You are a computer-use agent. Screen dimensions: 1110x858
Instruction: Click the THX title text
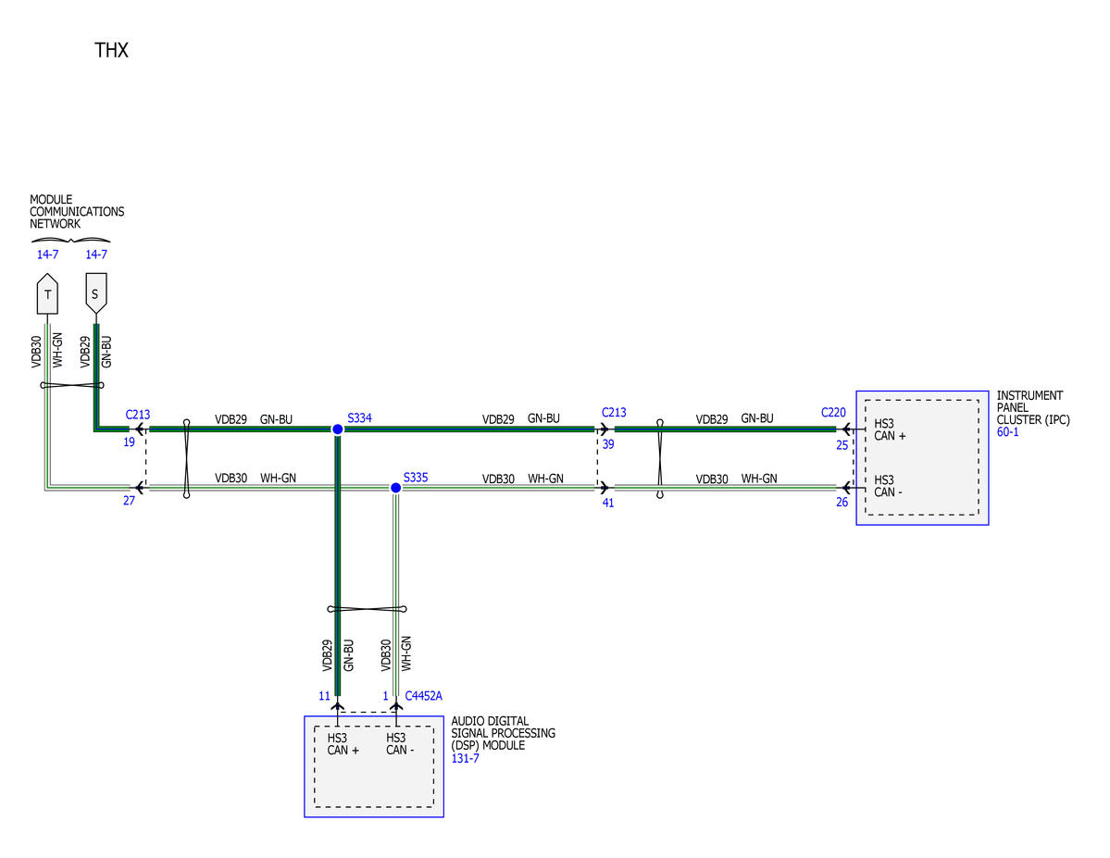(111, 50)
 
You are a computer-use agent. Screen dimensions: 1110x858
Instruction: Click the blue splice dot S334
(338, 429)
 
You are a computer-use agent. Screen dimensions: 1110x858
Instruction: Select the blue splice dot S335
(395, 488)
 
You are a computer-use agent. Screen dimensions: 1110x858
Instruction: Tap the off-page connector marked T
(47, 293)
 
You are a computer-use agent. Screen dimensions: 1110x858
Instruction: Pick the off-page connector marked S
(96, 293)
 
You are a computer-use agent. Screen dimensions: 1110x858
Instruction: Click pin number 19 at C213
(129, 441)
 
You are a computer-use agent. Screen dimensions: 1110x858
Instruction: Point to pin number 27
(129, 501)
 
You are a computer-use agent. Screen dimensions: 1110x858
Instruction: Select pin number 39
(608, 444)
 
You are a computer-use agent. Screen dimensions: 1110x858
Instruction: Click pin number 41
(608, 504)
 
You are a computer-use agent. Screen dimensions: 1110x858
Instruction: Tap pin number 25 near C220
(842, 445)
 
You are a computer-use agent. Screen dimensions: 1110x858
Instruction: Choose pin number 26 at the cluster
(842, 502)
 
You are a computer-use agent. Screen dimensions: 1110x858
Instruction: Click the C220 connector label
(833, 412)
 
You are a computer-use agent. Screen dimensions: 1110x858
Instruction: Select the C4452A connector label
(423, 696)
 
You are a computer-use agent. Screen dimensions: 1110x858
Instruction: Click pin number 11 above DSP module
(324, 696)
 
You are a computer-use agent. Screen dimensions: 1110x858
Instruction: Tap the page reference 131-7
(465, 758)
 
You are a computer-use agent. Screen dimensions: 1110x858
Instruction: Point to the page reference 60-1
(1008, 432)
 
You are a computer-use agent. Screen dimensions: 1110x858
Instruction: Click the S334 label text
(359, 417)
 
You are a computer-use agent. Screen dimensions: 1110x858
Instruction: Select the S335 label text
(416, 478)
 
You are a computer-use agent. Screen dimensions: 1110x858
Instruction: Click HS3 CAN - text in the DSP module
(400, 744)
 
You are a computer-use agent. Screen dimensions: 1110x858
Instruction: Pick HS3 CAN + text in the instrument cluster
(890, 429)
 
